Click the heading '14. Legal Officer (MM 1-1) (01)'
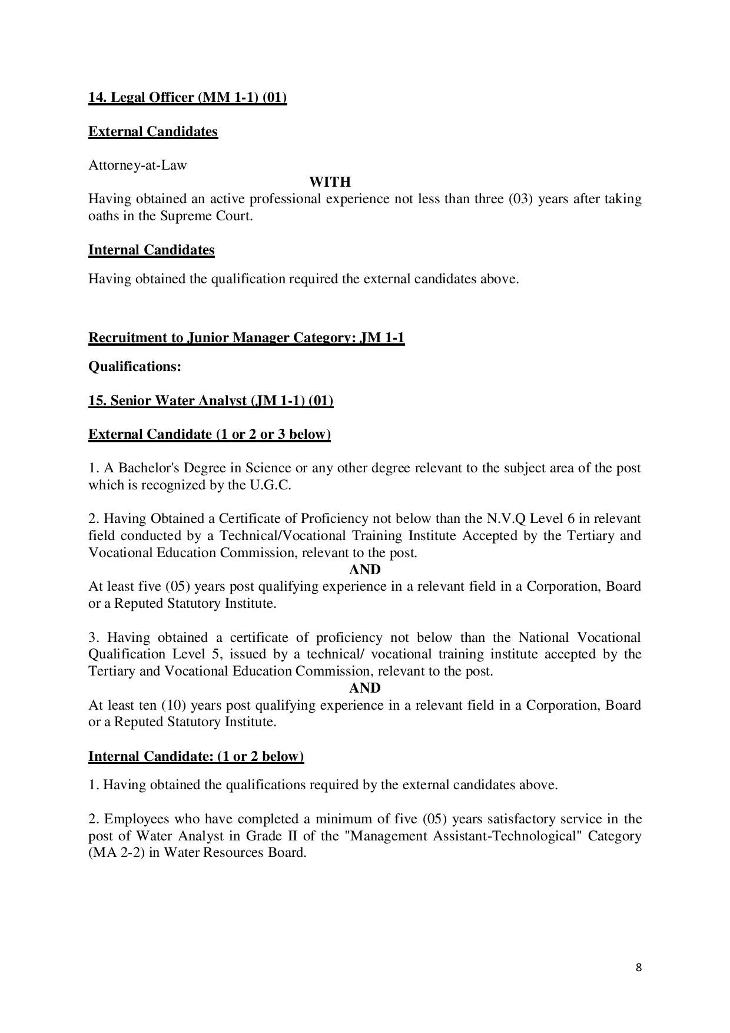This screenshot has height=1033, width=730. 187,97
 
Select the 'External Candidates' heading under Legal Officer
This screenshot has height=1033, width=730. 153,131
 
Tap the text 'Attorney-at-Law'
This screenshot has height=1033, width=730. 138,165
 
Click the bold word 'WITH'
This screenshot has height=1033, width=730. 330,182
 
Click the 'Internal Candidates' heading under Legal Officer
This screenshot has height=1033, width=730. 151,250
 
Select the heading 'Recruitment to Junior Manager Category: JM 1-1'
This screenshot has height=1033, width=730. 246,337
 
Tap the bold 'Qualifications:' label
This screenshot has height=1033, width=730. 134,366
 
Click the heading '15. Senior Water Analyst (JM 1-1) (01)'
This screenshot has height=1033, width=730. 211,400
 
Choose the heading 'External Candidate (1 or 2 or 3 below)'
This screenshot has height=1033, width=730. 210,435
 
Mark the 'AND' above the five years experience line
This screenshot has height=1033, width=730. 365,570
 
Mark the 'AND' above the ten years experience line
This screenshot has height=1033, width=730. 365,688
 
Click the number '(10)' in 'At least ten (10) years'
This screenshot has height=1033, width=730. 174,705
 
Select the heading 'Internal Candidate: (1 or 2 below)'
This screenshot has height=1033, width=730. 196,756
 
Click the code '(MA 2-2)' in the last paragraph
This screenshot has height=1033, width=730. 117,853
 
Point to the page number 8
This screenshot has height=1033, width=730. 639,968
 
